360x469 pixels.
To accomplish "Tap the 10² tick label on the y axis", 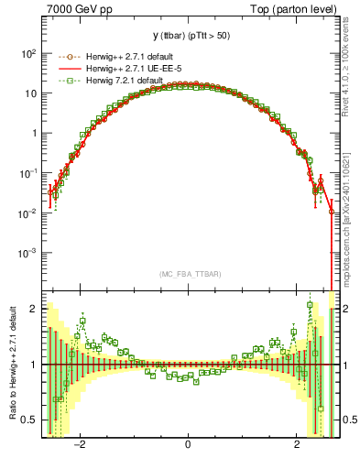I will (27, 54).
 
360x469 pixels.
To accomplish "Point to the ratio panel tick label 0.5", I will (29, 420).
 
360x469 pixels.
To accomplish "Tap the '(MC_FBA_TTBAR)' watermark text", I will (188, 274).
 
